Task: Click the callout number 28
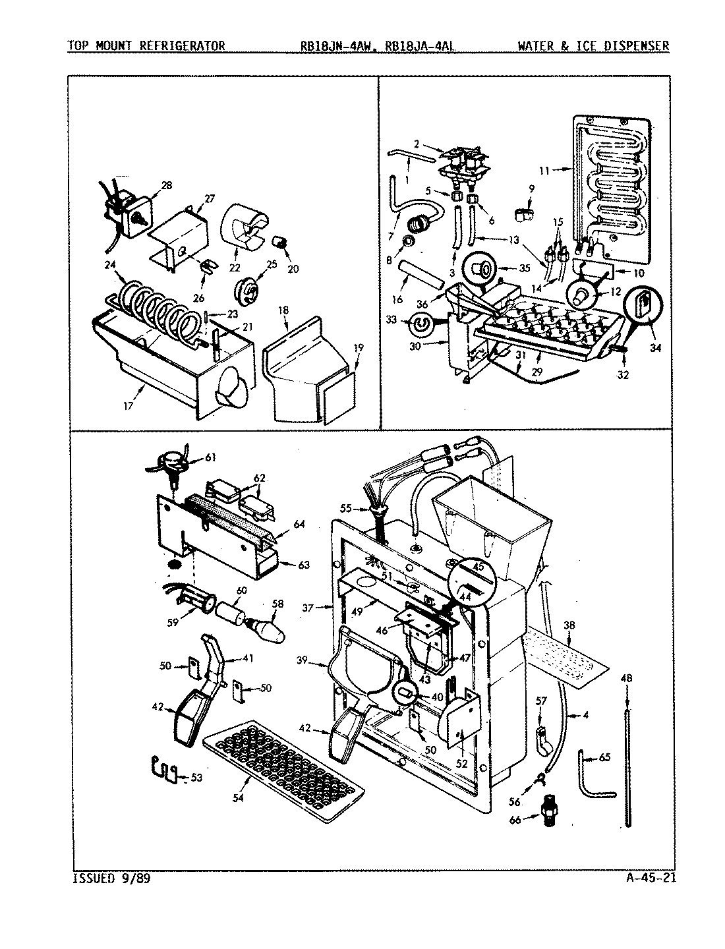click(166, 185)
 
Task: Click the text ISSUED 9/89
click(112, 878)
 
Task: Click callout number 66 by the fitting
click(516, 819)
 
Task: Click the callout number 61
click(210, 457)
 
